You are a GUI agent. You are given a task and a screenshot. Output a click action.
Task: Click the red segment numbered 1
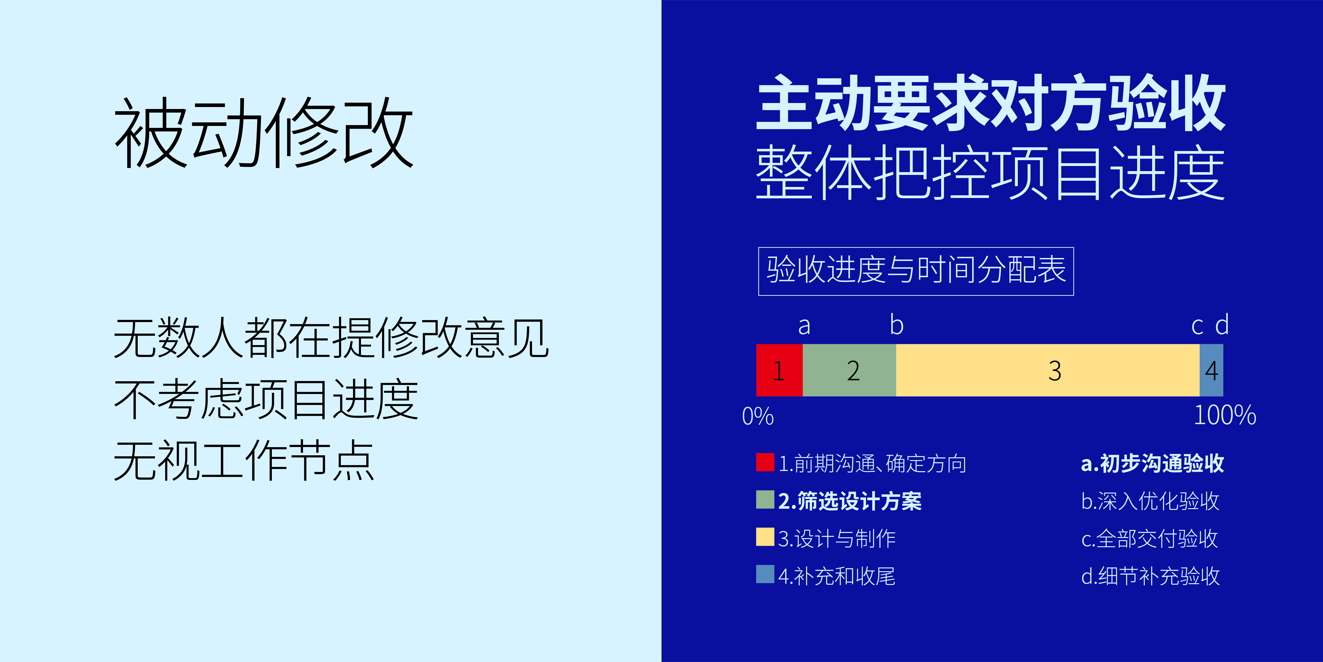point(779,370)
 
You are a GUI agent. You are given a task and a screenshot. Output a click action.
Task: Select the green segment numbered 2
point(850,370)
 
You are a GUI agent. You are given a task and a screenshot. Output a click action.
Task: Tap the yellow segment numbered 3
point(1048,370)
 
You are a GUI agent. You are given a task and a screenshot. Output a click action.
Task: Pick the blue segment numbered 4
point(1211,370)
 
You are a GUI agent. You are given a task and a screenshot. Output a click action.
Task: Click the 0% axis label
point(757,416)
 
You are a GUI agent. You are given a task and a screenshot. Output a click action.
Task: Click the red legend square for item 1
point(765,461)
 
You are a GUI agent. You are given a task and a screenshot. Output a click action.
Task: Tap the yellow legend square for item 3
point(765,537)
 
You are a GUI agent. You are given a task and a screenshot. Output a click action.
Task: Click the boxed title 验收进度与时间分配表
point(916,271)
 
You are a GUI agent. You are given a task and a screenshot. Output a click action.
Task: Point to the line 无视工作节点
point(244,460)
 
